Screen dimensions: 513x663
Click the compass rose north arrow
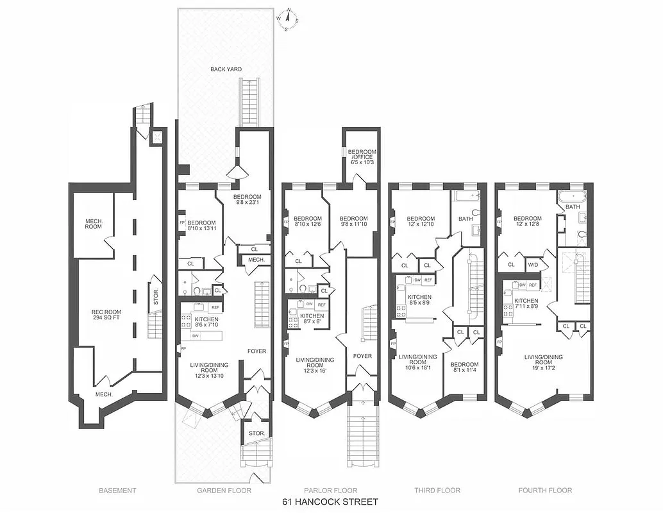(x=289, y=17)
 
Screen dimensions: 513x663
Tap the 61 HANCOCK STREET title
(x=330, y=501)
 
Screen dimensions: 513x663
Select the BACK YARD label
(x=226, y=69)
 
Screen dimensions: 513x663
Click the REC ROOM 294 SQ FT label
(x=106, y=315)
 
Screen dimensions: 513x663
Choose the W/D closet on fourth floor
(x=533, y=264)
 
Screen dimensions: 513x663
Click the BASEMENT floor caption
(x=117, y=491)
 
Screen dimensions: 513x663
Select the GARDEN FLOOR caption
(x=224, y=491)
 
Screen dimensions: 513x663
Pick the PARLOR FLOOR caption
(x=330, y=491)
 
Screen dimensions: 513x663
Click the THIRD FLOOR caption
(x=437, y=491)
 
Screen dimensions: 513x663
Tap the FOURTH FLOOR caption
(x=544, y=491)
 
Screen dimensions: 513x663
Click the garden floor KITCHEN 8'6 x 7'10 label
(x=206, y=323)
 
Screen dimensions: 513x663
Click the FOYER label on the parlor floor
(x=362, y=356)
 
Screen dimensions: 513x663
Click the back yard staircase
(x=249, y=103)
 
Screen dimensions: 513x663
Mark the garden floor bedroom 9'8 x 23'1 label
(x=247, y=200)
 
